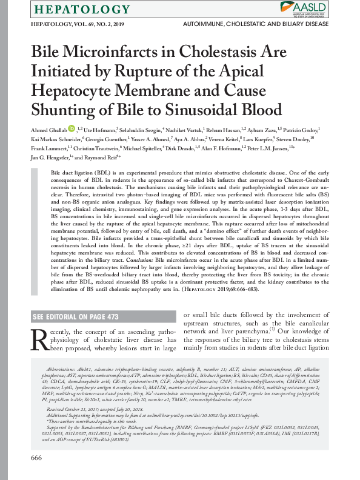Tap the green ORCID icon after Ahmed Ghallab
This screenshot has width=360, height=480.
tap(72, 128)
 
